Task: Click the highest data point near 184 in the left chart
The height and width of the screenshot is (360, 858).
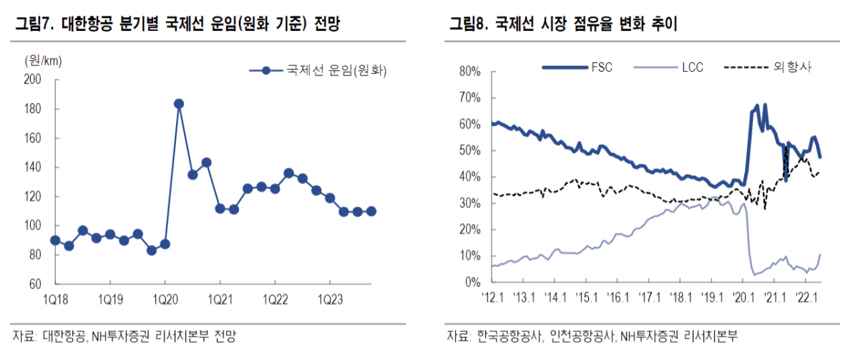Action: tap(179, 104)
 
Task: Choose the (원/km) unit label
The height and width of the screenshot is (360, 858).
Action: tap(40, 59)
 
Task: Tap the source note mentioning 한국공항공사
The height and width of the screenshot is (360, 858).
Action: tap(593, 336)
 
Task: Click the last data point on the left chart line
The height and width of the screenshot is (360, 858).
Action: tap(371, 211)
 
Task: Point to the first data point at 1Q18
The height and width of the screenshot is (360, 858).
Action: tap(55, 240)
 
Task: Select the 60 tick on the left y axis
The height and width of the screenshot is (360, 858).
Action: tap(34, 284)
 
